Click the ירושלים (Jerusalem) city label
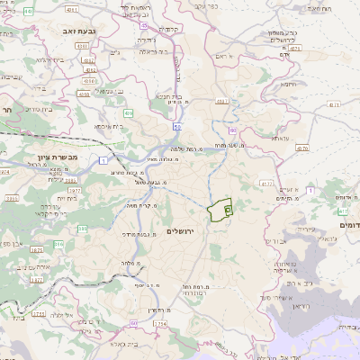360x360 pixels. point(187,231)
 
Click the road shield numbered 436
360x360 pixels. point(128,113)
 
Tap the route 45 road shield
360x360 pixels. point(143,25)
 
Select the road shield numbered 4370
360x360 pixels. point(301,148)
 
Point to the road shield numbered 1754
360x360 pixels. point(159,321)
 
